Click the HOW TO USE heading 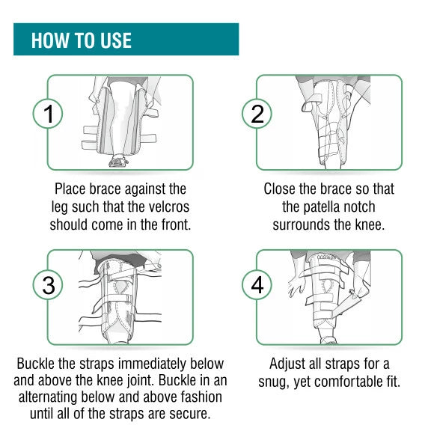82,40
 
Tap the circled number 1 48,114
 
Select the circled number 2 257,114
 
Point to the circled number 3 48,285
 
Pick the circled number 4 257,285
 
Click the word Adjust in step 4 286,364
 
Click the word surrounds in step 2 301,224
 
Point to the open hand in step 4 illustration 296,286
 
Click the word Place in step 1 70,189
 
